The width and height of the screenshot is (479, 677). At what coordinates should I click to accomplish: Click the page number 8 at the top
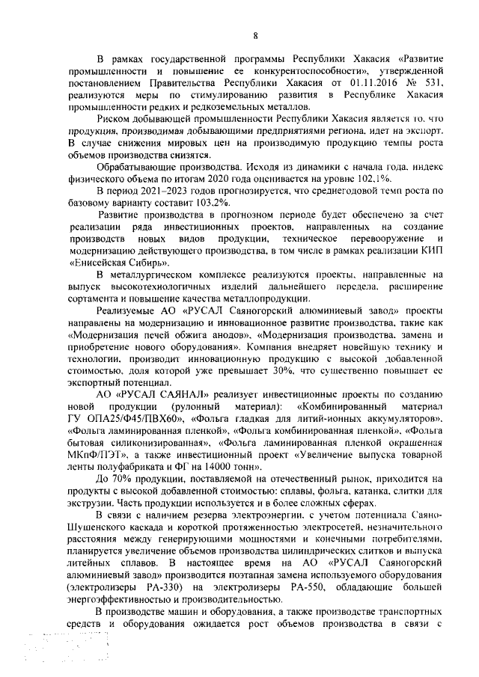[255, 35]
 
